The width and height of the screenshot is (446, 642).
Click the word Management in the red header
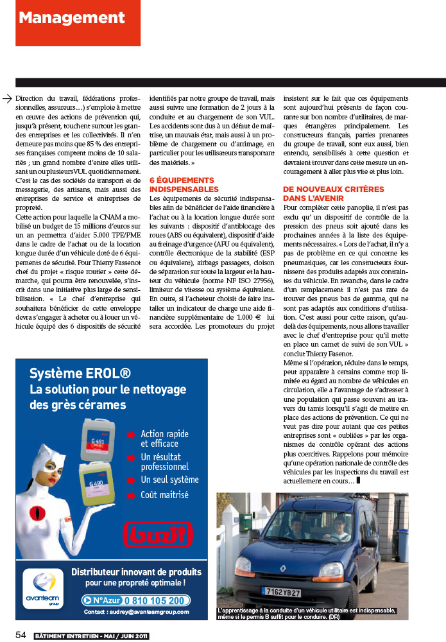tap(62, 18)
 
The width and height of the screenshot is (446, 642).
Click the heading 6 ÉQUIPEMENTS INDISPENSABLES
tap(182, 185)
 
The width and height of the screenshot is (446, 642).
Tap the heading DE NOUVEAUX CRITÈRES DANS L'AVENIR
tap(334, 194)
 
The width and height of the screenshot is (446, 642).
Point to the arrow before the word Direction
tap(8, 98)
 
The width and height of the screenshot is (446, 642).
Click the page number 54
tap(21, 635)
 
